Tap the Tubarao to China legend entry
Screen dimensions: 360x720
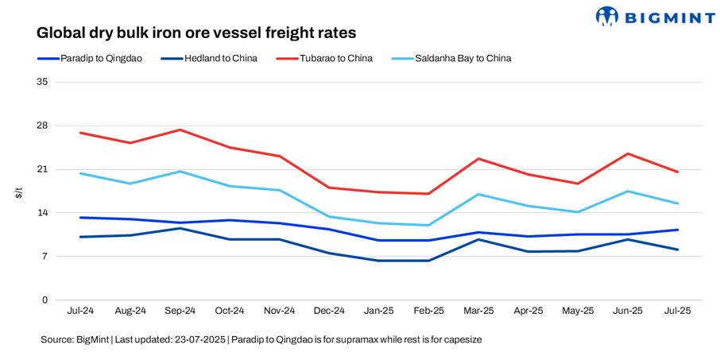336,58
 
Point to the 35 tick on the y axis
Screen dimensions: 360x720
42,82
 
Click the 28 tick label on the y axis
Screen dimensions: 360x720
42,126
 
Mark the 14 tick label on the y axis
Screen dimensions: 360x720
42,213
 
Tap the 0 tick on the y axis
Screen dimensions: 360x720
45,300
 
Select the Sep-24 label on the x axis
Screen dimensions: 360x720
180,311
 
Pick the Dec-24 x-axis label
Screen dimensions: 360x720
329,311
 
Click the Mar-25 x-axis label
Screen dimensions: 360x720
478,311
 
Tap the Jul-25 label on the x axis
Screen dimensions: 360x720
677,311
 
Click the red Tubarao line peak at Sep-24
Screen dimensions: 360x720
180,130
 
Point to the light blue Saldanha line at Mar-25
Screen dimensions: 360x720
478,194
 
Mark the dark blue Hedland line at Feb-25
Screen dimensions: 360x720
428,261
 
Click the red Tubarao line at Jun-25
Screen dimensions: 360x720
628,153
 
